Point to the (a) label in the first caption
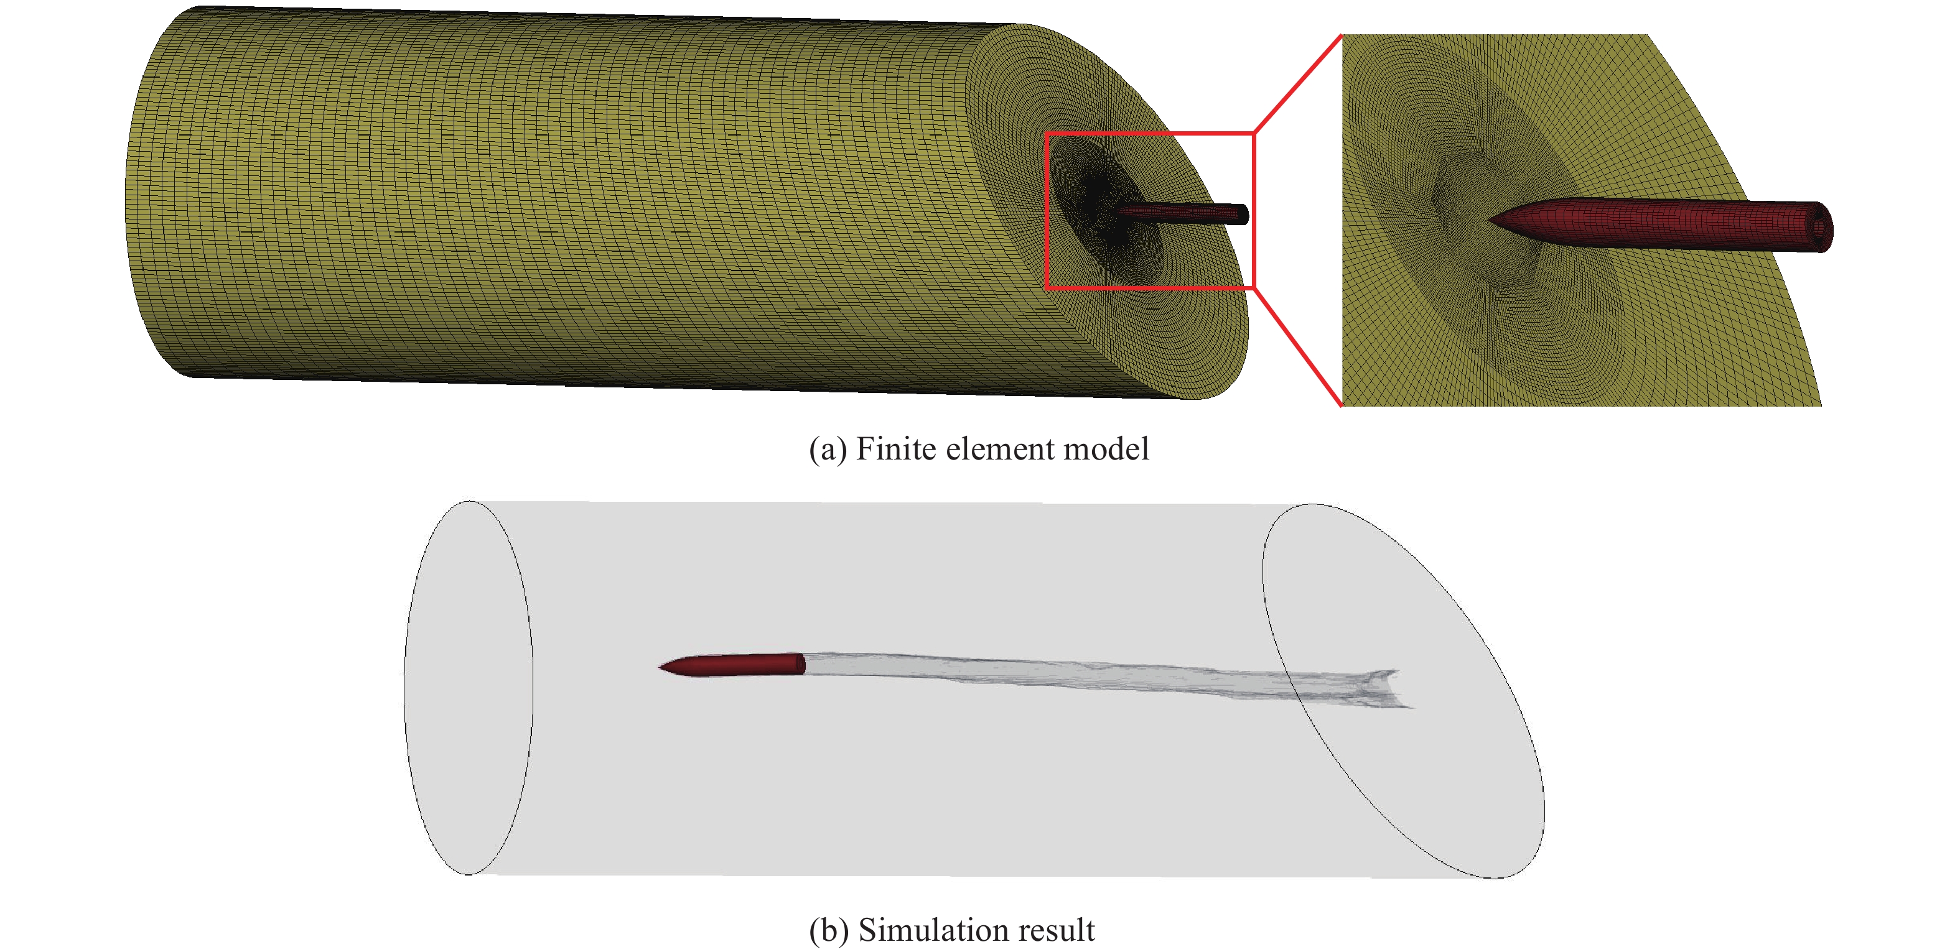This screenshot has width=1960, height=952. click(x=827, y=450)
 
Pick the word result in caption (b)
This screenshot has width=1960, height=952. click(x=1056, y=930)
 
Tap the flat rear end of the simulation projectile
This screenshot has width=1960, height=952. click(x=801, y=663)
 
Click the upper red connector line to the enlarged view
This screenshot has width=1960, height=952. click(x=1297, y=84)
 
